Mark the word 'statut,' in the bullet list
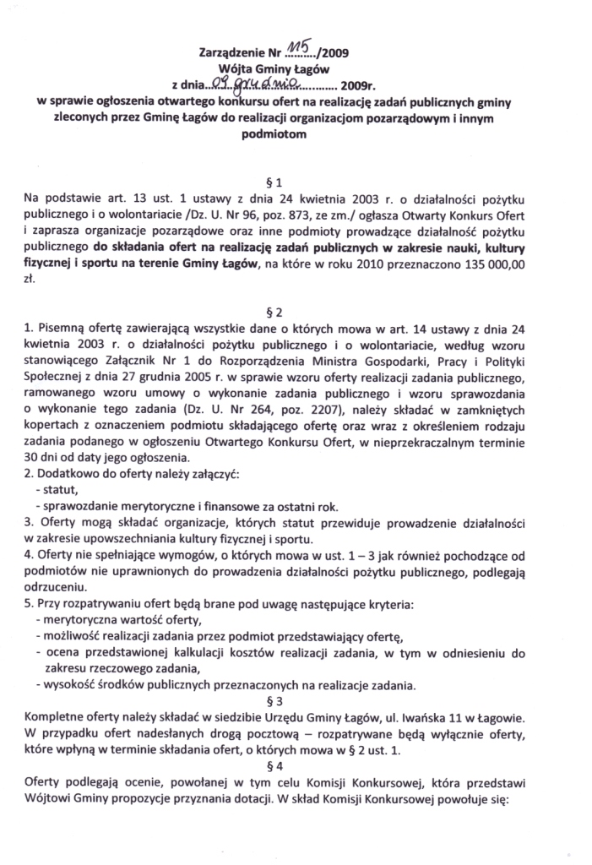click(58, 491)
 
